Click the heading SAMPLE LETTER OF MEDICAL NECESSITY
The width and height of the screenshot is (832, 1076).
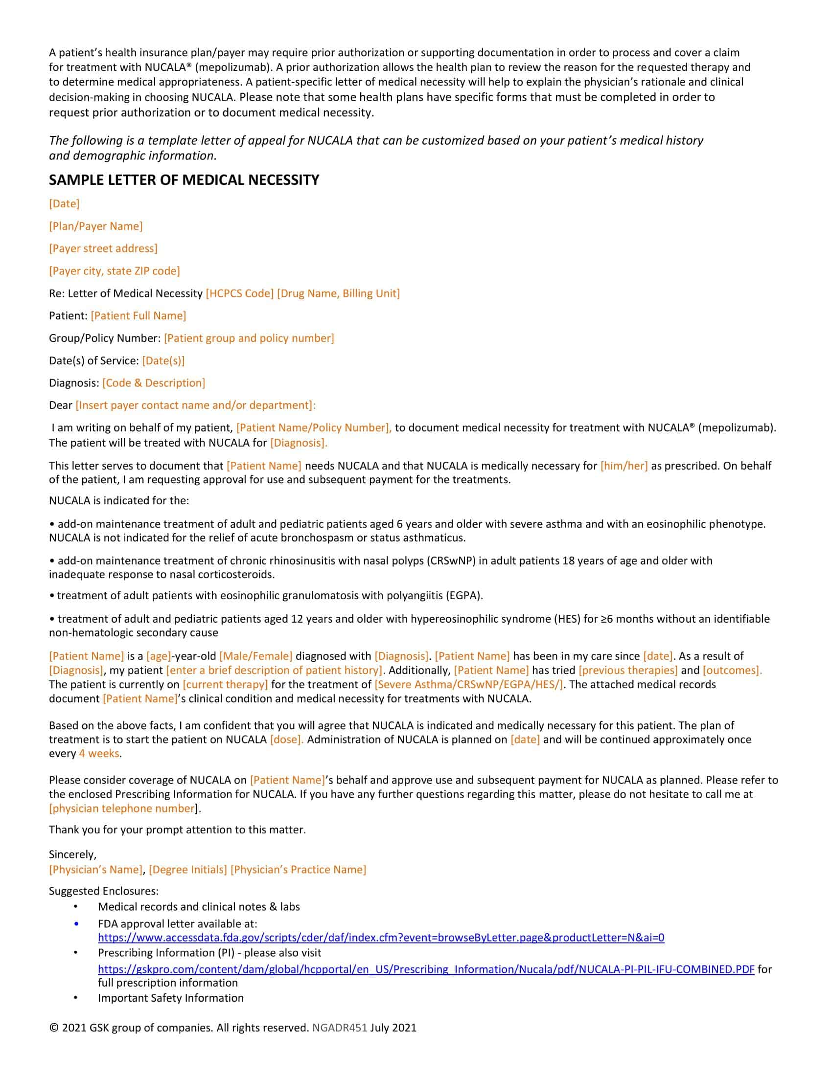click(x=184, y=180)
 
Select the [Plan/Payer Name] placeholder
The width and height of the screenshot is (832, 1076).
click(x=95, y=226)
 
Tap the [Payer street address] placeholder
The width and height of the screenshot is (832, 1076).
click(x=103, y=248)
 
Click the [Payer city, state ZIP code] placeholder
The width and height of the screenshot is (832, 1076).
click(x=115, y=271)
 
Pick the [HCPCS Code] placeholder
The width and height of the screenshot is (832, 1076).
click(x=239, y=293)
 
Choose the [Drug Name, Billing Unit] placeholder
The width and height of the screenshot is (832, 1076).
click(x=339, y=293)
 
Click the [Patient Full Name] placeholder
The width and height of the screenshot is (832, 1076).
click(x=139, y=316)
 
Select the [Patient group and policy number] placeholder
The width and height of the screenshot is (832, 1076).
click(x=249, y=338)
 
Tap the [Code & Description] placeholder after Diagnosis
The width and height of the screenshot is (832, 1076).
click(x=154, y=383)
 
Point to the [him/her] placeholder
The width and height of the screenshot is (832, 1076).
click(x=624, y=466)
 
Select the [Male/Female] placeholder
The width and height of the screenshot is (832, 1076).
click(x=256, y=656)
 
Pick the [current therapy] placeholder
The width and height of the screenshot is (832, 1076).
click(x=225, y=685)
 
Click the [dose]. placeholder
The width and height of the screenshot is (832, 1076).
click(x=287, y=740)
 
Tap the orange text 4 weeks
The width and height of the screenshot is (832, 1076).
click(x=99, y=754)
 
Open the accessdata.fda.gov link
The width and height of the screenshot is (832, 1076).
click(x=381, y=938)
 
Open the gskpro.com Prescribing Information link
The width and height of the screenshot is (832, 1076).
click(x=426, y=969)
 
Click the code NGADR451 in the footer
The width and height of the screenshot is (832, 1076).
click(x=340, y=1028)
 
